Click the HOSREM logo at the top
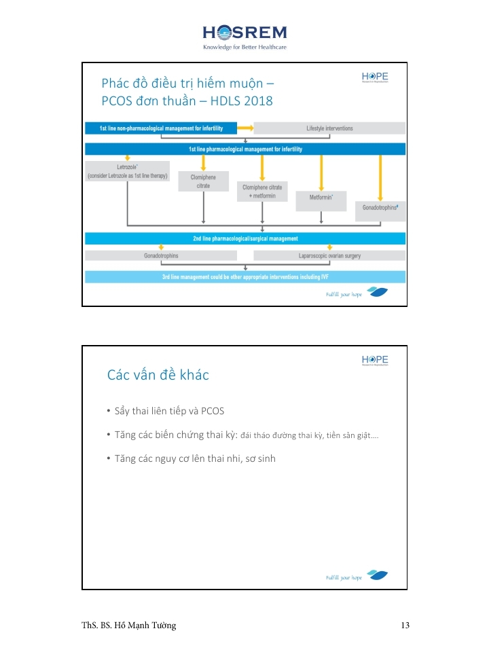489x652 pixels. [244, 32]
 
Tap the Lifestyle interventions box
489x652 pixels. [329, 128]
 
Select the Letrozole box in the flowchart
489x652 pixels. [127, 170]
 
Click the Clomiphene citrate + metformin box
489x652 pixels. [261, 192]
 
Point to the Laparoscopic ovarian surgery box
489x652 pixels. [329, 256]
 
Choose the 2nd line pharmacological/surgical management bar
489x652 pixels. [244, 238]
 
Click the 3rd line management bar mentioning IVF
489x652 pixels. [244, 276]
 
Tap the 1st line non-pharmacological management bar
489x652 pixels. [161, 128]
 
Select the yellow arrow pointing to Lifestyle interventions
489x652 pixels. [244, 127]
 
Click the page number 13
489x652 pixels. [405, 626]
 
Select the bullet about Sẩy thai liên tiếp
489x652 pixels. [169, 411]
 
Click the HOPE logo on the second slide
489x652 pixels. [375, 360]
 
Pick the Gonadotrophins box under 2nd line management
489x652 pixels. [161, 256]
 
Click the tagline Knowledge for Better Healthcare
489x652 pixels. [244, 48]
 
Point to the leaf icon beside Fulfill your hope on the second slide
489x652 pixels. [378, 576]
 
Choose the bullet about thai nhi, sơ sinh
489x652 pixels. [194, 458]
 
